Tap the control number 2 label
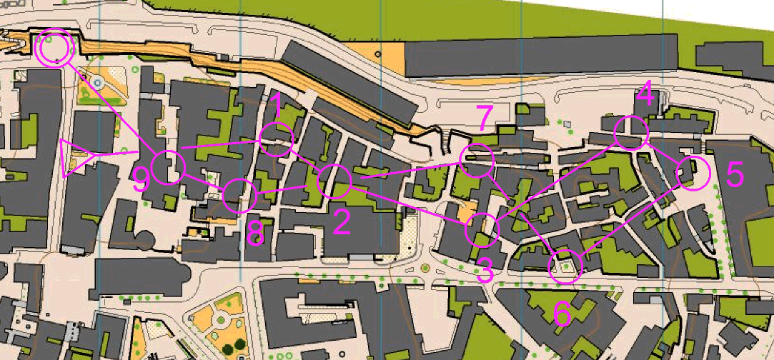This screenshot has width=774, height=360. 341,223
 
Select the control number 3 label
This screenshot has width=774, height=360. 485,271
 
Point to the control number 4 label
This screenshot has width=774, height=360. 645,93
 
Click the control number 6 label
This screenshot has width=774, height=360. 562,314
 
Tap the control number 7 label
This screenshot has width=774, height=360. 485,118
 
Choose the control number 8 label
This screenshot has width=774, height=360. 255,231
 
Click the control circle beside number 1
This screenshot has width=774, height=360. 277,139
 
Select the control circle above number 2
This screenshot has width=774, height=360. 334,181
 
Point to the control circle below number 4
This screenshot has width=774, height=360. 630,132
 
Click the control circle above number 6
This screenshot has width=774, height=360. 566,266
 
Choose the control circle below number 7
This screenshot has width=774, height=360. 477,161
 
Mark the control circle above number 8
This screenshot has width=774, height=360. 239,195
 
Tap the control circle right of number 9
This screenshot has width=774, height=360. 169,167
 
